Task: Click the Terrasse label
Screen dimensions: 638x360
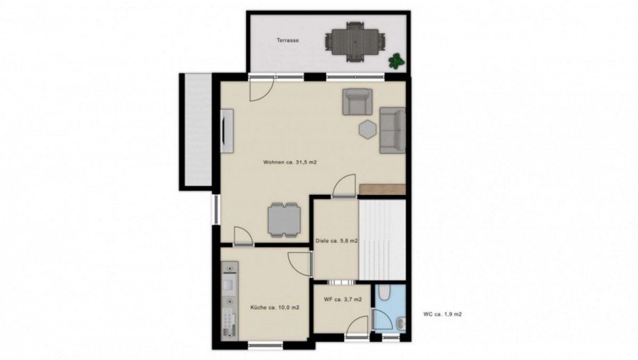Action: tap(288, 40)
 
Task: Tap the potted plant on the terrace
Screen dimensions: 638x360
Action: tap(396, 61)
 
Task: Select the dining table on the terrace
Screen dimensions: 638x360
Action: tap(355, 42)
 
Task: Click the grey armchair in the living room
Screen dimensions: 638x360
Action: tap(357, 102)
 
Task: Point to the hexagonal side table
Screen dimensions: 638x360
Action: tap(368, 130)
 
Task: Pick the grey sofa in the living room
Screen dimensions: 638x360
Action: tap(393, 130)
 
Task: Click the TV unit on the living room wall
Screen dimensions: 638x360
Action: tap(227, 131)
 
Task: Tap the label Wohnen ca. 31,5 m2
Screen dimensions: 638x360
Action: tap(290, 162)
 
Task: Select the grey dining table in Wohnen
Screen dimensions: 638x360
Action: tap(284, 220)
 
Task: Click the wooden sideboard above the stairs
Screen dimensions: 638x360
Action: tap(383, 189)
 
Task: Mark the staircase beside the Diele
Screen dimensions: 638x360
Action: tap(382, 239)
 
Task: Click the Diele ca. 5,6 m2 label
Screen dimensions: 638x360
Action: tap(336, 241)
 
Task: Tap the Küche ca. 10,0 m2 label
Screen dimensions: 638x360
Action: tap(275, 307)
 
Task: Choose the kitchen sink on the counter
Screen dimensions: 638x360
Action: tap(230, 285)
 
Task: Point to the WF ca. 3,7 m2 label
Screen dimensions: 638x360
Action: tap(343, 300)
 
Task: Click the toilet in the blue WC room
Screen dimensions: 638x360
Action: tap(383, 291)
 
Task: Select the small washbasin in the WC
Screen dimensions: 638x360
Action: tap(400, 324)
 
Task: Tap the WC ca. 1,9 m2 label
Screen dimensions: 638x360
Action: tap(442, 314)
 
